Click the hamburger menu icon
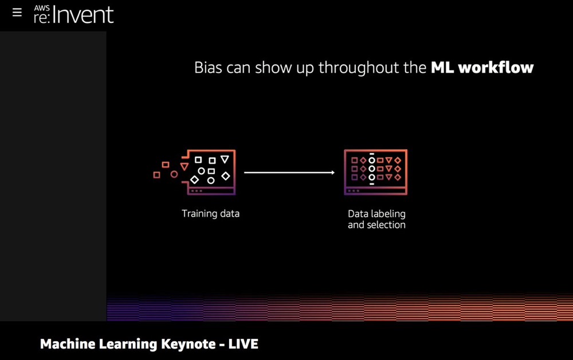[17, 13]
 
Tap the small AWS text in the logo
[42, 9]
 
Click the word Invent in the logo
[83, 15]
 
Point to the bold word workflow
[496, 68]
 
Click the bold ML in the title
[442, 68]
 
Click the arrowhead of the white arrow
[333, 173]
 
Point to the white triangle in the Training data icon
[225, 159]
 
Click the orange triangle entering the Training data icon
[185, 167]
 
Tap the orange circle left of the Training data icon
[174, 174]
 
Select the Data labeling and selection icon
[376, 172]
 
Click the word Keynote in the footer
[189, 344]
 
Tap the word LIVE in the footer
[244, 344]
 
